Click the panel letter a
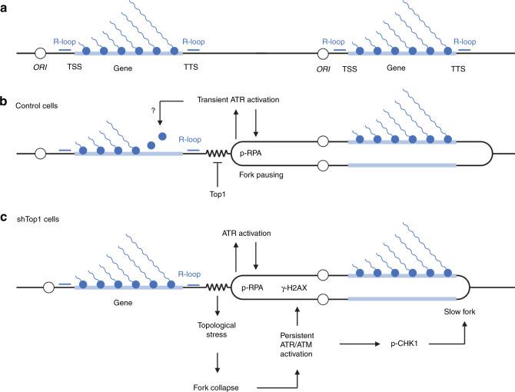pyautogui.click(x=5, y=5)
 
